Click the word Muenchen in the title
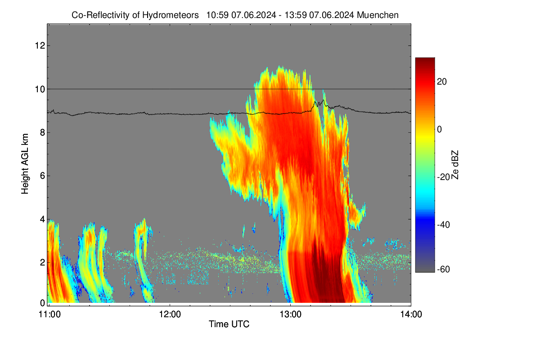tap(378, 15)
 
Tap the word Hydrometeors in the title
tap(170, 15)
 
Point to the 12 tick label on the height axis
tap(40, 45)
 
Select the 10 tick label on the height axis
tap(40, 89)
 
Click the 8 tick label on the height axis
tap(42, 132)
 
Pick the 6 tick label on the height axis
tap(42, 176)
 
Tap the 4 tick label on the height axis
tap(42, 219)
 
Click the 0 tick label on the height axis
tap(42, 303)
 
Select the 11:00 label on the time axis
tap(49, 315)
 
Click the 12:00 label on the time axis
tap(170, 315)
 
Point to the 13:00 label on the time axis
tap(291, 315)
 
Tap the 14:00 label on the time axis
tap(411, 315)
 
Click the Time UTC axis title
tap(229, 324)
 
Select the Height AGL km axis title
tap(25, 164)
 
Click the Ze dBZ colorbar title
tap(454, 165)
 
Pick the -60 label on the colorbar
tap(443, 270)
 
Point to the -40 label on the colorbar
tap(443, 225)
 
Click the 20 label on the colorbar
tap(442, 82)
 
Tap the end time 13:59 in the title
tap(296, 15)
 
